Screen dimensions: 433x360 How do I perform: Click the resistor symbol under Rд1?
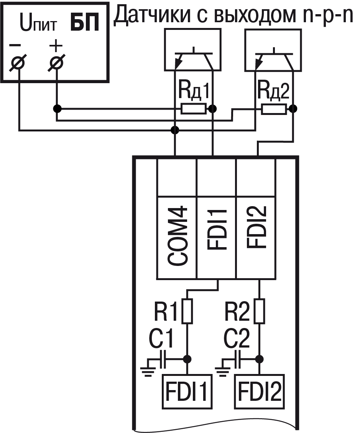point(194,109)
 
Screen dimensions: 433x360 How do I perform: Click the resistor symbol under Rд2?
point(274,109)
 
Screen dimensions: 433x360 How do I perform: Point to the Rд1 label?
point(194,92)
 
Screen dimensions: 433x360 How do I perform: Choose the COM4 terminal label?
point(178,236)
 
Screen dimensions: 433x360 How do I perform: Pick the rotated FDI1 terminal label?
point(217,230)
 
